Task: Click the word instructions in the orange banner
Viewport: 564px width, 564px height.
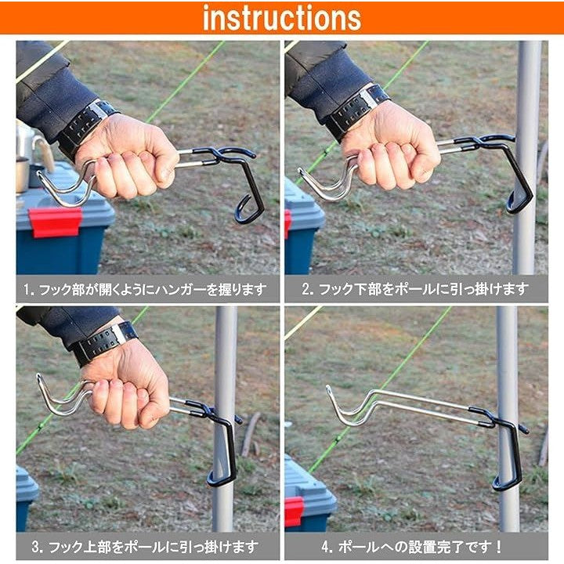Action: click(x=282, y=17)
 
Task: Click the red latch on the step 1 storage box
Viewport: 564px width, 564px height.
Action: click(x=56, y=222)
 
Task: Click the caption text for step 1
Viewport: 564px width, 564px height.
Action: click(x=146, y=290)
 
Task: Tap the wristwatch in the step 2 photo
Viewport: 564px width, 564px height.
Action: click(x=356, y=111)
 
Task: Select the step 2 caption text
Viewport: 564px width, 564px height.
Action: click(x=415, y=289)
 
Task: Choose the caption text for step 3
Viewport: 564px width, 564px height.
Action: click(x=145, y=547)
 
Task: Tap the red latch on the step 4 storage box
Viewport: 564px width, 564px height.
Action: click(x=294, y=512)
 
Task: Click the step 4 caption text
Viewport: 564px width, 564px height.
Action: click(x=412, y=547)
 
